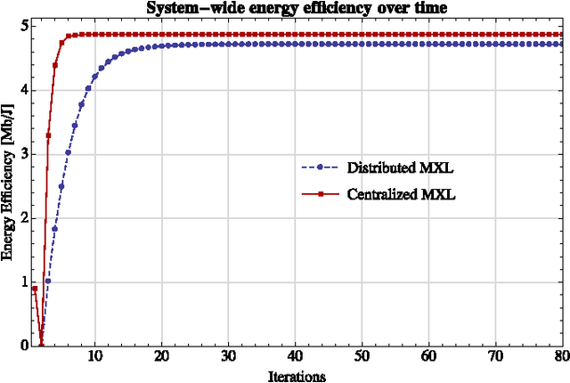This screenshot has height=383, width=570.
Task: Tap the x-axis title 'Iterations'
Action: coord(297,376)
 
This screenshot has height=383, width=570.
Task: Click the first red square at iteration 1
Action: coord(35,289)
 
